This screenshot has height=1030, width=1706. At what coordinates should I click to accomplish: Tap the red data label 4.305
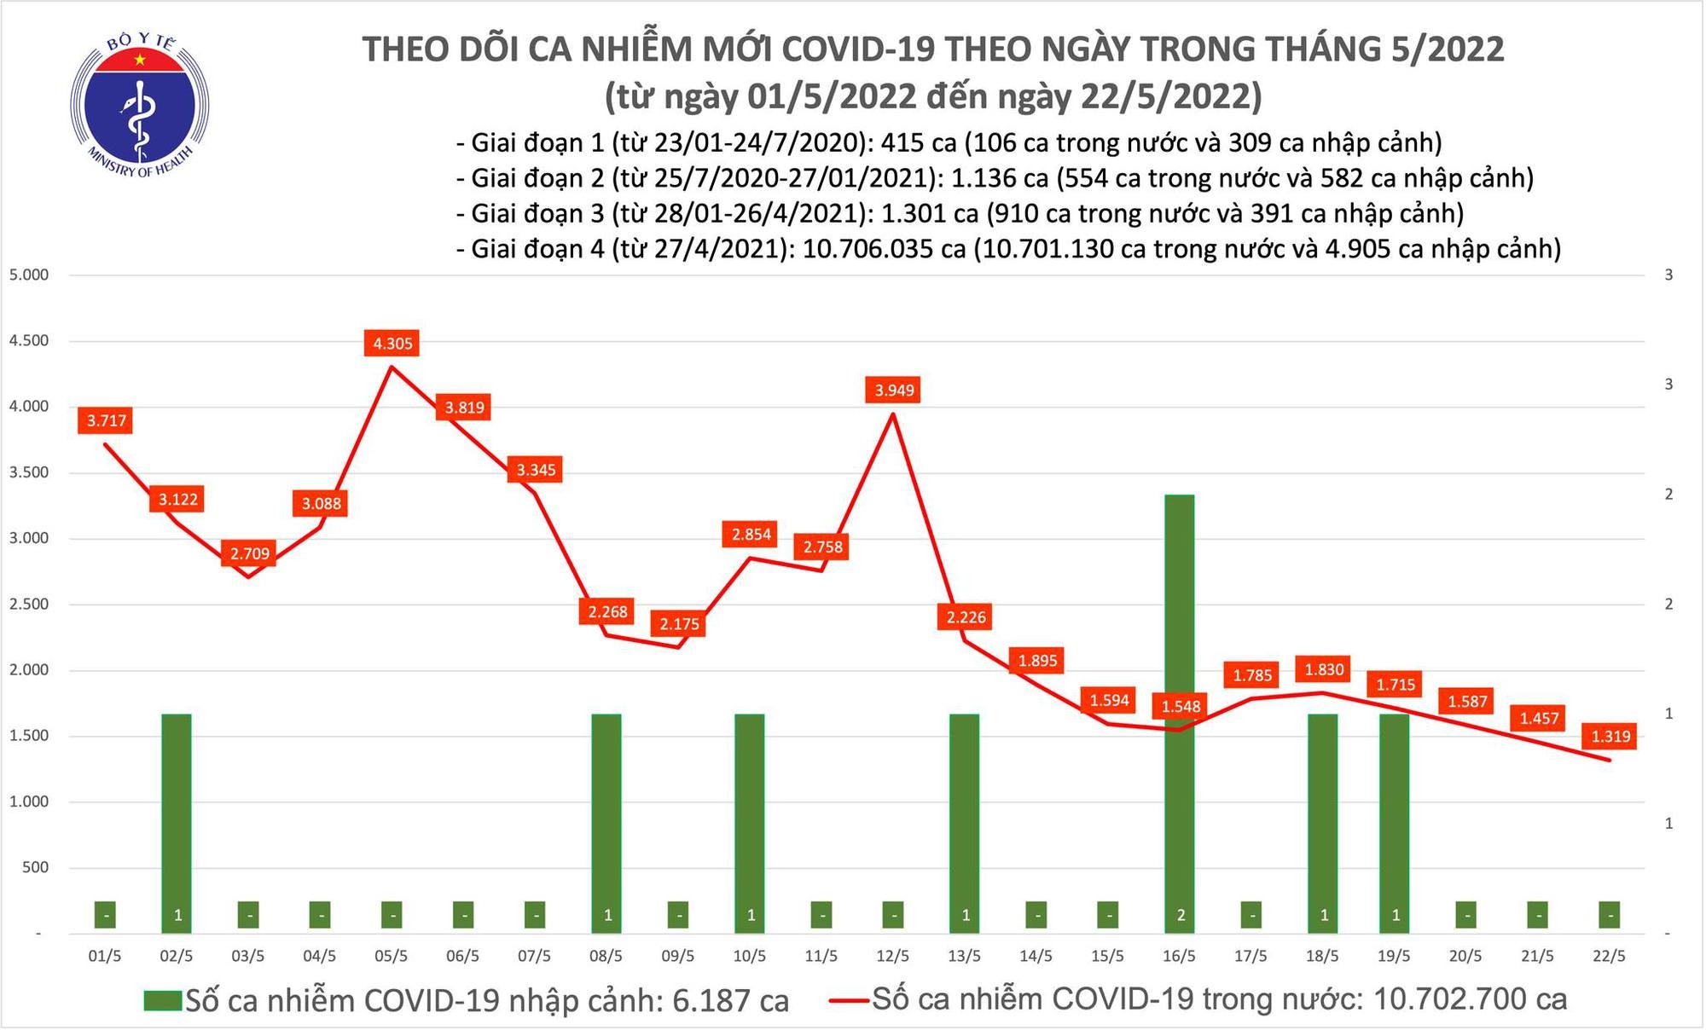392,344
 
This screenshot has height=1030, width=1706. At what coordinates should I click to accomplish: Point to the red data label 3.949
894,391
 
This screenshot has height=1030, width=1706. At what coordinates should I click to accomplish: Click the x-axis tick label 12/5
892,957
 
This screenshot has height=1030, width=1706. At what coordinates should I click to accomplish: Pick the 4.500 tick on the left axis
28,341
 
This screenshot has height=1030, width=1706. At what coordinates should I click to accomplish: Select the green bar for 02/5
177,819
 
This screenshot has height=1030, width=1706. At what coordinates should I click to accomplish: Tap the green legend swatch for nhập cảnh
163,1000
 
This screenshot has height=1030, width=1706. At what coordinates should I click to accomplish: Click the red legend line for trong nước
848,998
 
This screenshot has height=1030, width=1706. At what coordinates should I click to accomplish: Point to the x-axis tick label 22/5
1609,957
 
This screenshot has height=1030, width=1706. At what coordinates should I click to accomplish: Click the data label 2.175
679,624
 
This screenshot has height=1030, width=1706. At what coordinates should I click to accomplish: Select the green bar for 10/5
750,819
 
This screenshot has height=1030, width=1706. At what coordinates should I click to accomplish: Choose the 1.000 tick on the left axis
28,802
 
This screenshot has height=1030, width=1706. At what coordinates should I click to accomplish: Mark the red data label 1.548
1181,706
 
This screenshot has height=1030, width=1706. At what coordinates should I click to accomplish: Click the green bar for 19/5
1394,819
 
